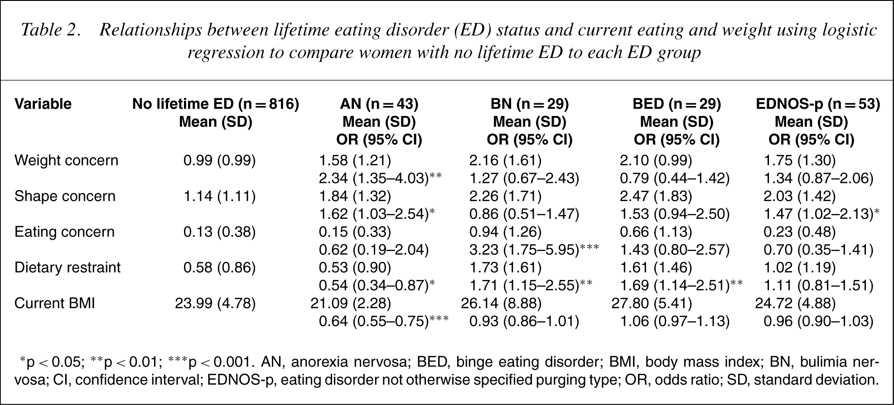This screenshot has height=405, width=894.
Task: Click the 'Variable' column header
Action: pyautogui.click(x=43, y=104)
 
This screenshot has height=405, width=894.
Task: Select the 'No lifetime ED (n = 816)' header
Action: pyautogui.click(x=216, y=104)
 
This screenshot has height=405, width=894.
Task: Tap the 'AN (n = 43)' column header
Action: pyautogui.click(x=379, y=104)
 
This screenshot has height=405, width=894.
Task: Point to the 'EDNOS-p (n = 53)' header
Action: pyautogui.click(x=818, y=104)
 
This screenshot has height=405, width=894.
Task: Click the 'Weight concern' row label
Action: pyautogui.click(x=66, y=160)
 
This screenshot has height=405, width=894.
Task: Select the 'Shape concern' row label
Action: pyautogui.click(x=65, y=196)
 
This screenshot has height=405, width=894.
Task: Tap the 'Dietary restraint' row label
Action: pyautogui.click(x=68, y=267)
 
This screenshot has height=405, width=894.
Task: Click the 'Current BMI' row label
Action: pyautogui.click(x=55, y=303)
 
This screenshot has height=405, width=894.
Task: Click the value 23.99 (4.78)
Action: pyautogui.click(x=215, y=303)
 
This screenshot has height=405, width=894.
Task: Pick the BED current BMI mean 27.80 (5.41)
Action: pyautogui.click(x=652, y=303)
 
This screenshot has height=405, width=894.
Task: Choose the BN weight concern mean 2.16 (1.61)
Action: pyautogui.click(x=505, y=160)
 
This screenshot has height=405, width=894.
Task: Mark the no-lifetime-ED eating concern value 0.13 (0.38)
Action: pyautogui.click(x=219, y=232)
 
